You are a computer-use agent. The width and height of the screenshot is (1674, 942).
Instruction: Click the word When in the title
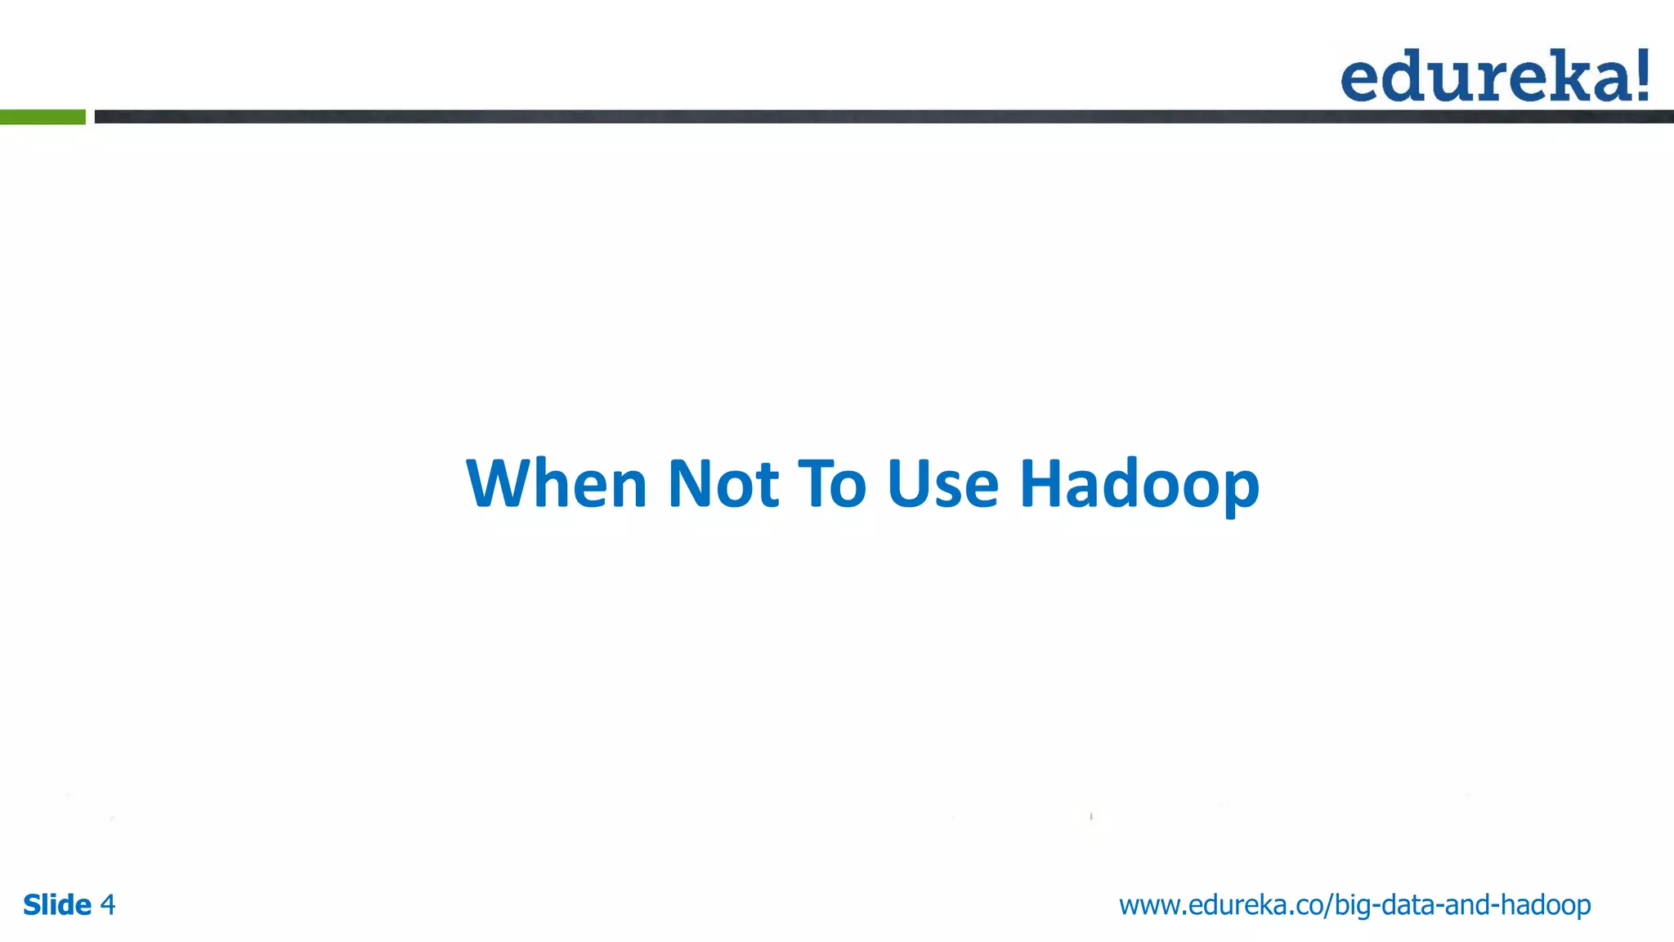[x=557, y=484]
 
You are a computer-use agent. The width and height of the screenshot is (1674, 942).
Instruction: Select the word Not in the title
[x=723, y=484]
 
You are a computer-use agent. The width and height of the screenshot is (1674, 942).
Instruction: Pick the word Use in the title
[x=942, y=484]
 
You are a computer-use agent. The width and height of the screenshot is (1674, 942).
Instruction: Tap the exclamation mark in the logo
[x=1640, y=75]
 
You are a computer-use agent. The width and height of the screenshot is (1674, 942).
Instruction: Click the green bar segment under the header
[x=43, y=117]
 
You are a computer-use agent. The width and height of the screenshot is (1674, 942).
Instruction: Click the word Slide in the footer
[x=57, y=905]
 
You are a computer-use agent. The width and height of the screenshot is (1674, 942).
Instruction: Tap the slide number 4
[x=107, y=905]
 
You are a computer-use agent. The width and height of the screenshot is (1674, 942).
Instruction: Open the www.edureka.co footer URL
[x=1354, y=905]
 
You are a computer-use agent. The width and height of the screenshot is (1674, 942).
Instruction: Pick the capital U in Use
[x=908, y=484]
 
